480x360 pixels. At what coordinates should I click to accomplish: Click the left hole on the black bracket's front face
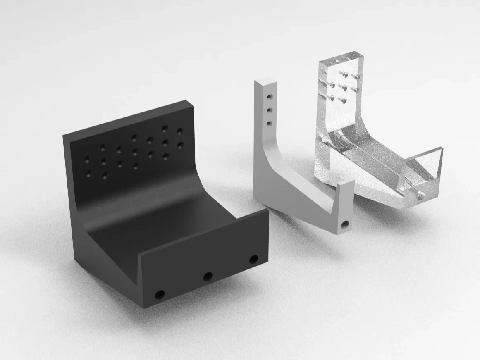tap(159, 295)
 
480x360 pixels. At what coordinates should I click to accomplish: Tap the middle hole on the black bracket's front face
tap(208, 276)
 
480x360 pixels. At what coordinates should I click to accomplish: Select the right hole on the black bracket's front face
tap(253, 260)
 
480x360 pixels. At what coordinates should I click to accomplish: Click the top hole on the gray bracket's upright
tap(269, 97)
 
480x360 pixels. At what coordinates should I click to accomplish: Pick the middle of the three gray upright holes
tap(269, 110)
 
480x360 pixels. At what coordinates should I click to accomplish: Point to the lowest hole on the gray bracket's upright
tap(270, 123)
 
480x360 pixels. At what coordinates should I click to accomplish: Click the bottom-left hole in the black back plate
tap(88, 173)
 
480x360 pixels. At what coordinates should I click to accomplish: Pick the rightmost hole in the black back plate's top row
tap(180, 131)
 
